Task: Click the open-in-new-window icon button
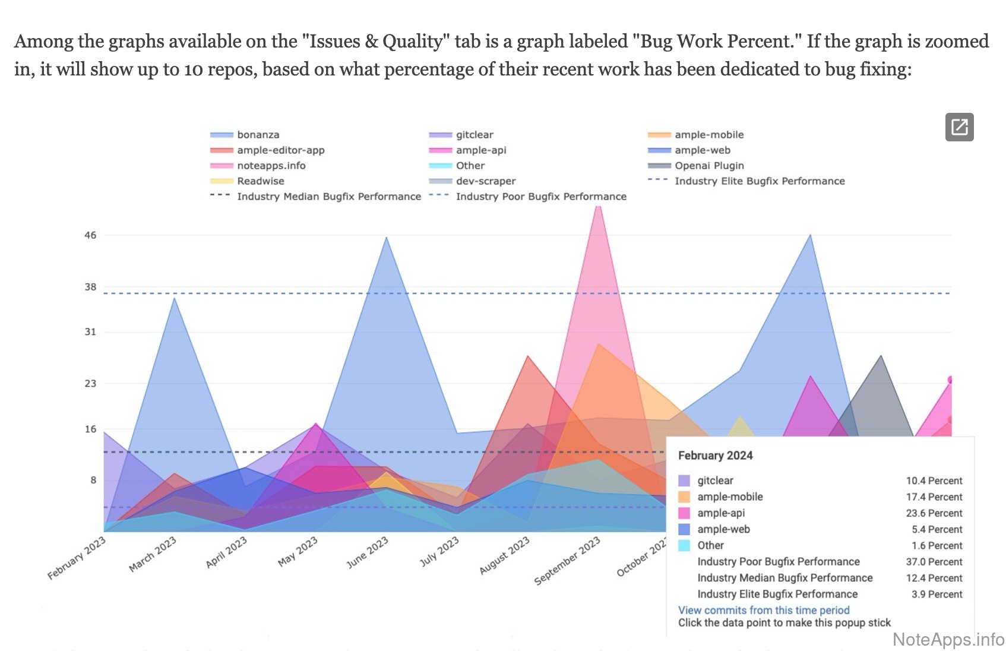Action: (x=959, y=127)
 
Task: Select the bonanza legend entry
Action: (x=258, y=135)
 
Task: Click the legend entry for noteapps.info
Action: (x=271, y=166)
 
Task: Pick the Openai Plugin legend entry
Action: (x=708, y=166)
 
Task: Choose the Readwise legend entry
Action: (x=260, y=181)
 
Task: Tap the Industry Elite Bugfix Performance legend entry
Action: (x=759, y=181)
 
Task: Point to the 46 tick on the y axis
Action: (x=90, y=235)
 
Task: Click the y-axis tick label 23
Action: (x=90, y=383)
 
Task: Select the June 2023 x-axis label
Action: (x=368, y=552)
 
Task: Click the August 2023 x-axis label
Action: (x=504, y=555)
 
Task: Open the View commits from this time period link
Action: (x=764, y=610)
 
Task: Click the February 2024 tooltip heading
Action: (x=715, y=456)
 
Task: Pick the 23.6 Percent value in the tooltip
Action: (x=934, y=513)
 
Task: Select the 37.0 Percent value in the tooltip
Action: (x=934, y=562)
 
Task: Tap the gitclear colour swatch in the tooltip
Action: (x=684, y=481)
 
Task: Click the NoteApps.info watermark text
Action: (x=948, y=639)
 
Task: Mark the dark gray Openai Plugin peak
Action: (x=881, y=358)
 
